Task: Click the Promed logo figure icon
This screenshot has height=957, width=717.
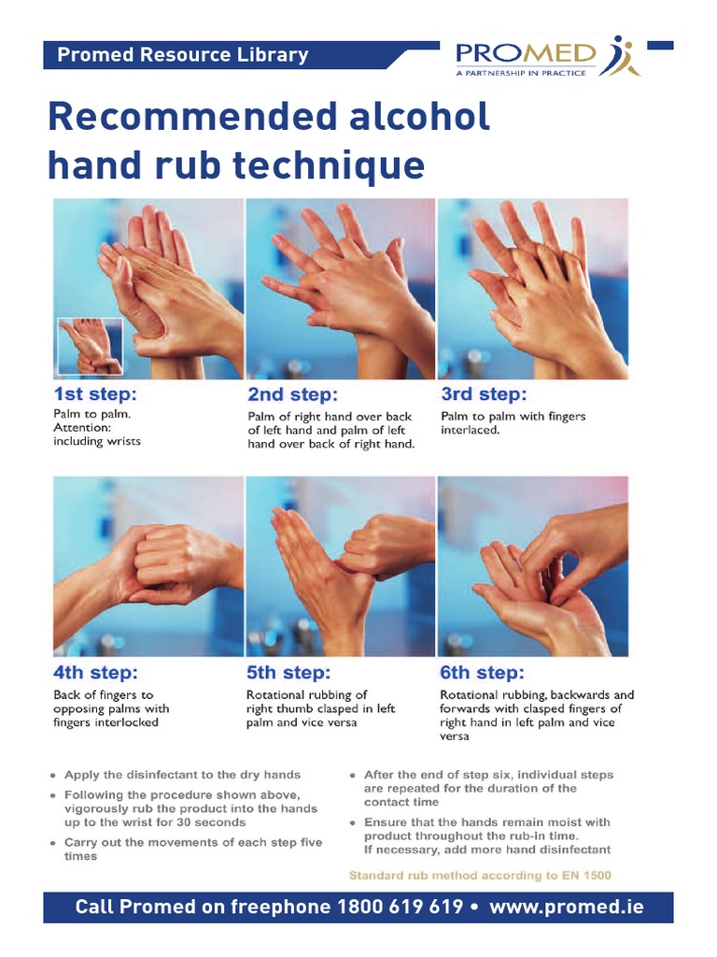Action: tap(619, 56)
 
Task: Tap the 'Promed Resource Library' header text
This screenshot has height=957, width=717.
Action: tap(183, 55)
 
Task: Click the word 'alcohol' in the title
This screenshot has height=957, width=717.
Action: tap(420, 116)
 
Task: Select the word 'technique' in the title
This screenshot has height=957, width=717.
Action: tap(329, 165)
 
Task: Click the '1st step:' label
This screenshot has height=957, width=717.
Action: tap(95, 393)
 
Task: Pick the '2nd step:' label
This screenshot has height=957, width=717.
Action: tap(292, 394)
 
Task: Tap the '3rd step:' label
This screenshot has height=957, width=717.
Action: tap(484, 393)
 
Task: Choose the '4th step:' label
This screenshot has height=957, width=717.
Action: tap(96, 673)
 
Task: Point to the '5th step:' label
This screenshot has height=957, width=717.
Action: tap(288, 673)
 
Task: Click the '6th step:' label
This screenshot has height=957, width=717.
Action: tap(482, 673)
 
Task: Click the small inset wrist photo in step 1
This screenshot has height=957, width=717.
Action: tap(91, 346)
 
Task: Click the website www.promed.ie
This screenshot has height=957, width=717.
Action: tap(567, 907)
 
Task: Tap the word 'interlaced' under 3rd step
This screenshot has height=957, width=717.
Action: tap(469, 430)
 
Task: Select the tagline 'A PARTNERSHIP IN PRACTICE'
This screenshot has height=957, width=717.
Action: tap(521, 73)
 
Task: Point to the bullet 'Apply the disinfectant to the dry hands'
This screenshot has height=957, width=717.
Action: tap(182, 775)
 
